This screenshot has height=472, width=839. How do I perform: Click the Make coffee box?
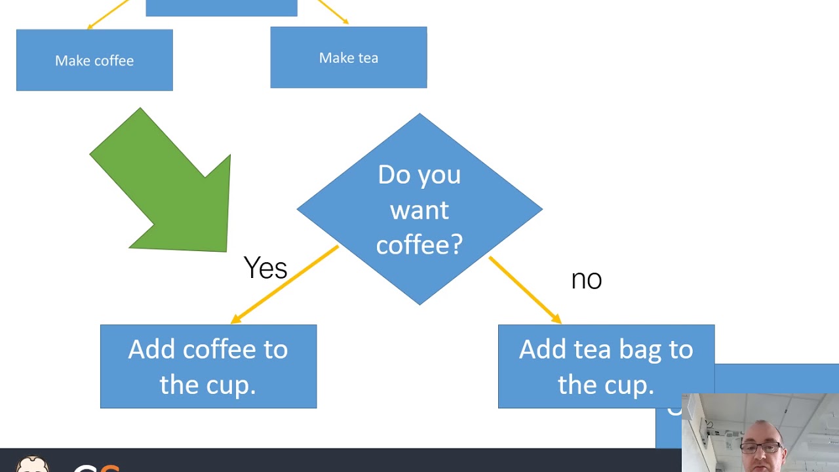point(94,60)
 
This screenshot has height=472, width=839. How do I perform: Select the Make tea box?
point(348,58)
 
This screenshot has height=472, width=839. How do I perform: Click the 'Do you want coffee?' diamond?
point(419,209)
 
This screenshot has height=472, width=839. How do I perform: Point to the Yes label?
point(265,268)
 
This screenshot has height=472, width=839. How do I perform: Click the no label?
point(586,280)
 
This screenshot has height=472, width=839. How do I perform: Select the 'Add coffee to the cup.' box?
point(208,366)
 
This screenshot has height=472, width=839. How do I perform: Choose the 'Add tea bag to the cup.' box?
point(606,366)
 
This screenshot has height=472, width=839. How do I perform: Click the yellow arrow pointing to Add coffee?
point(285,285)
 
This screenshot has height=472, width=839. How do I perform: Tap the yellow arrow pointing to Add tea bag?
point(524,289)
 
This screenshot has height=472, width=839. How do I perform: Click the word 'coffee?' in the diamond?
point(419,245)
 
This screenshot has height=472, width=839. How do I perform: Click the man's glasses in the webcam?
point(762,448)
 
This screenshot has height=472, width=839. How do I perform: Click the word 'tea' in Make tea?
point(367,58)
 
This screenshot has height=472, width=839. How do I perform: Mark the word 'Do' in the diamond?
point(392,175)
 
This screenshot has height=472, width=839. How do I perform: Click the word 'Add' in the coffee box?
point(151,349)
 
